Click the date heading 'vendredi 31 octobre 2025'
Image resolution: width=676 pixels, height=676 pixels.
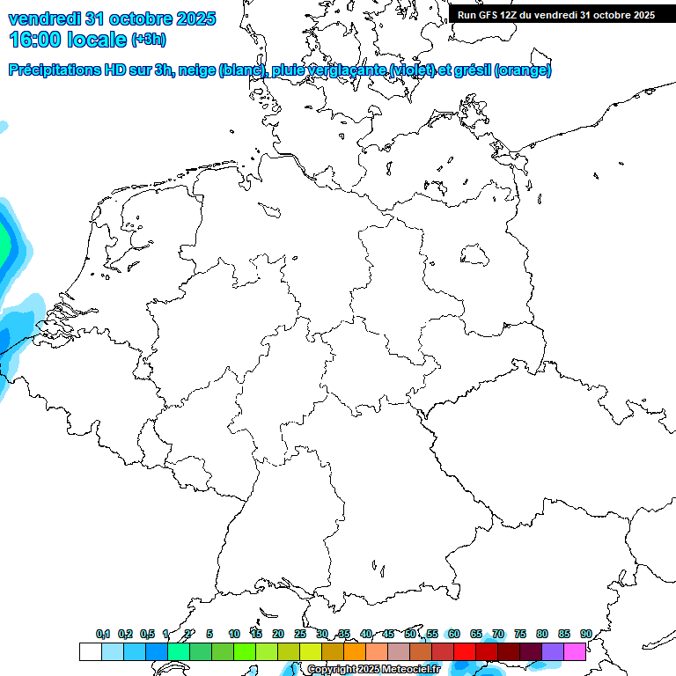point(112,18)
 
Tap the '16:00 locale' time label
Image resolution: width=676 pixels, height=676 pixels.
point(68,39)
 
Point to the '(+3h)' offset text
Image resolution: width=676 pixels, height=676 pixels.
point(149,40)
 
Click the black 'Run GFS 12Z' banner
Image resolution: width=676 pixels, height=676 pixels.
point(556,15)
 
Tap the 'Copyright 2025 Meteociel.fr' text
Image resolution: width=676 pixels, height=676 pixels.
point(373,670)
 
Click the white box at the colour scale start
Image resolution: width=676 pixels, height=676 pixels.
point(90,652)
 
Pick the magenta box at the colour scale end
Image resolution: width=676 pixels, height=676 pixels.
point(575,652)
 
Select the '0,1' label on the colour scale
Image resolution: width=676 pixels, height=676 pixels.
point(103,634)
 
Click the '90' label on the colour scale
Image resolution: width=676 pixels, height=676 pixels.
point(586,634)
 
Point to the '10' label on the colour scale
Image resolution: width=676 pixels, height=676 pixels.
point(234,634)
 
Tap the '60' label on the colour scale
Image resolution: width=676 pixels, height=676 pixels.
point(454,634)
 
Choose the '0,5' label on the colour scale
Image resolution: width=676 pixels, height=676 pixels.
point(147,634)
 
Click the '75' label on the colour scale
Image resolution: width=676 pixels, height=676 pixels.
point(520,634)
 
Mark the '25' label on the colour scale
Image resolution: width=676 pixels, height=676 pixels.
point(300,634)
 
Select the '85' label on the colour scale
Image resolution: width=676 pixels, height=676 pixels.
point(564,634)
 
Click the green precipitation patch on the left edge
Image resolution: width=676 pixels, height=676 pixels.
point(4,242)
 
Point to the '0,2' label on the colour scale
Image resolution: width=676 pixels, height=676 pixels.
point(125,634)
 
